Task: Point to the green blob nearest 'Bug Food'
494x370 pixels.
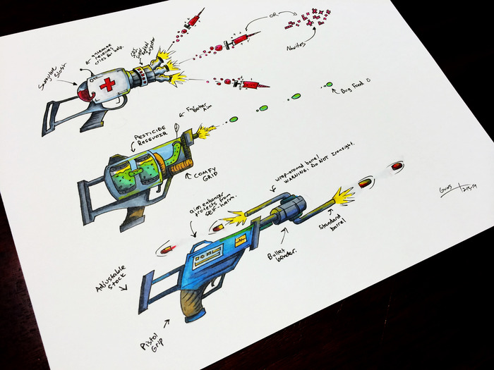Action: tap(328, 85)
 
